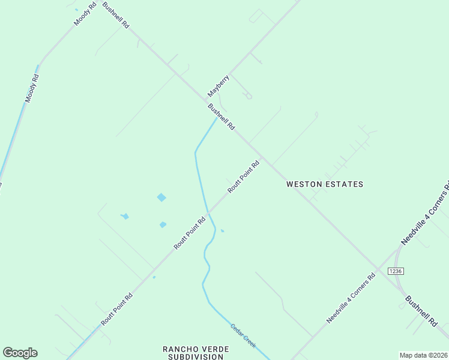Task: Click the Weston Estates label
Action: point(325,184)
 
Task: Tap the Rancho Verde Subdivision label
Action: point(193,352)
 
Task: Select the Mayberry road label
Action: point(218,86)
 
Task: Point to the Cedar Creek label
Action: point(244,336)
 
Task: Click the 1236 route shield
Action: point(394,271)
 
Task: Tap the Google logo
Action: point(20,353)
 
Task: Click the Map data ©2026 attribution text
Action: point(423,355)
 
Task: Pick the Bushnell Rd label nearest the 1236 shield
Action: point(421,311)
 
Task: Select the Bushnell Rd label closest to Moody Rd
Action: point(116,16)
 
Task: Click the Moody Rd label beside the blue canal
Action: point(32,88)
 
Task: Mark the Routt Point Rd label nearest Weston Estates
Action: point(243,176)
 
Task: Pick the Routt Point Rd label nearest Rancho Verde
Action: point(116,309)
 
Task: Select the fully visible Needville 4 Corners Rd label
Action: point(351,298)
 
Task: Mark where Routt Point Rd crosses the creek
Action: point(209,212)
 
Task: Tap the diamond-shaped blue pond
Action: point(161,197)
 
